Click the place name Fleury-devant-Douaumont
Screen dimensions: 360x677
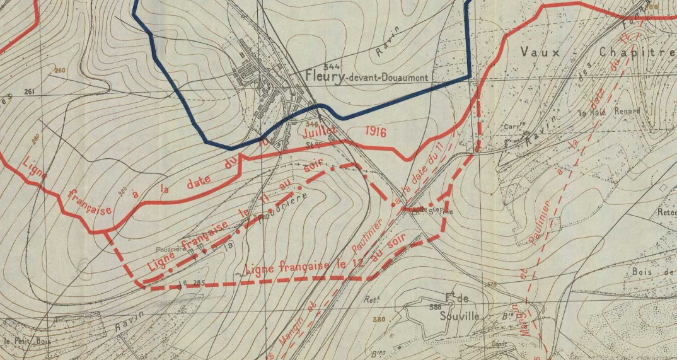(366, 77)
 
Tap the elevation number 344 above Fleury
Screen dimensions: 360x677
(330, 66)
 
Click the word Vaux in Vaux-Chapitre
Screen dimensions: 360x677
(540, 52)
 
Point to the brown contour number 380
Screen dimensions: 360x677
(378, 320)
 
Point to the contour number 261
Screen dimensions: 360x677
(29, 91)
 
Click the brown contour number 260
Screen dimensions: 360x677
(60, 70)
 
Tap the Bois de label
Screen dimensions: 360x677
(652, 272)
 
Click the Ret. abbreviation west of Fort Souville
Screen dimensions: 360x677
(370, 300)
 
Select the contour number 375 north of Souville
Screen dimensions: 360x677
(491, 285)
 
